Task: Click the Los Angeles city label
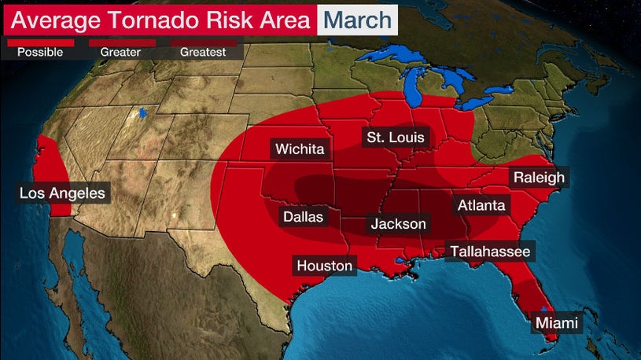point(62,193)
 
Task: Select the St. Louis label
point(395,138)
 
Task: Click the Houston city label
point(324,266)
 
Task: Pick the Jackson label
point(398,224)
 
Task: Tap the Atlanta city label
point(481,205)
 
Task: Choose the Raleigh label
point(539,178)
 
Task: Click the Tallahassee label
point(489,252)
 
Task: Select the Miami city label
point(556,323)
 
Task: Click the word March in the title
point(357,19)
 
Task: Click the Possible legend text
point(39,53)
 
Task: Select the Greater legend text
point(120,53)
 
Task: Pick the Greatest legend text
point(203,53)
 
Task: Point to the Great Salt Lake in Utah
point(142,114)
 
